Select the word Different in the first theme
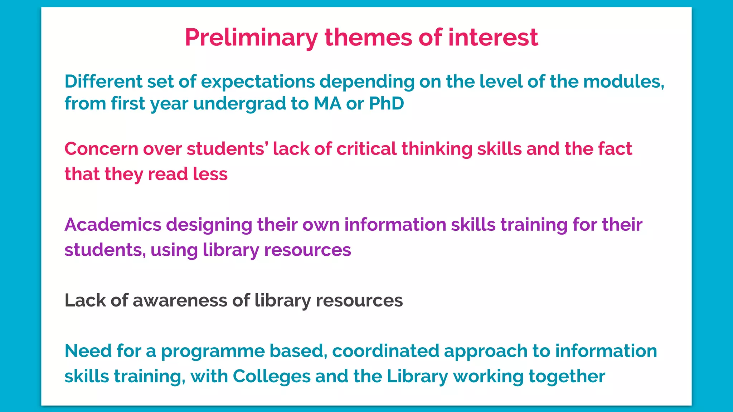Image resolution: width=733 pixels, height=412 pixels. pyautogui.click(x=103, y=82)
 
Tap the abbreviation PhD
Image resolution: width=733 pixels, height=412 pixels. pyautogui.click(x=386, y=103)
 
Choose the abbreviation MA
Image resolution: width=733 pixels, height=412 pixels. pyautogui.click(x=327, y=103)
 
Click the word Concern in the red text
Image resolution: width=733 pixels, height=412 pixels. pyautogui.click(x=101, y=149)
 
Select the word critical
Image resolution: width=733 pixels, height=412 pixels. pyautogui.click(x=366, y=149)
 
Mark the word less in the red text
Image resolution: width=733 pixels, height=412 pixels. pyautogui.click(x=210, y=174)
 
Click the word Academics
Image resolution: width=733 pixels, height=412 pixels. pyautogui.click(x=113, y=225)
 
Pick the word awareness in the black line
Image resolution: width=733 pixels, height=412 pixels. pyautogui.click(x=180, y=300)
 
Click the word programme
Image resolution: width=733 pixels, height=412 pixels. pyautogui.click(x=213, y=352)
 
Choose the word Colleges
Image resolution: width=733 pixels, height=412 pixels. pyautogui.click(x=272, y=377)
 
